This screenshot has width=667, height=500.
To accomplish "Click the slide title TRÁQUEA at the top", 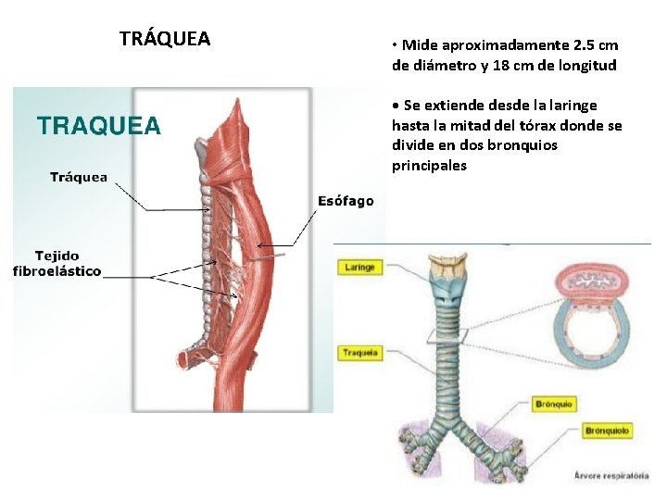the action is coord(165,39).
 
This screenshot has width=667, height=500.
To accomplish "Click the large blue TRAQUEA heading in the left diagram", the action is coord(98,126).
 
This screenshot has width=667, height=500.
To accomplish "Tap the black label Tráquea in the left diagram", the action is coord(79,177).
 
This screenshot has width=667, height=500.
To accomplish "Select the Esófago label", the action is coord(346,201).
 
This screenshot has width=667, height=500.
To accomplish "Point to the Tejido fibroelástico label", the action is coord(57,263).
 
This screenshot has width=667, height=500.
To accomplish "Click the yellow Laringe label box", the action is coord(359,268).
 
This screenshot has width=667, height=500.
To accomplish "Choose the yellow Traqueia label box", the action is coord(359,353).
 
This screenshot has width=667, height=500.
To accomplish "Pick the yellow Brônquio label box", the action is coord(554,405).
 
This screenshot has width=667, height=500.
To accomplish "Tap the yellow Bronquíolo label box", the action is coord(607,431).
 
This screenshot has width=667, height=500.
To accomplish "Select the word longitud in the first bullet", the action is coord(585,66).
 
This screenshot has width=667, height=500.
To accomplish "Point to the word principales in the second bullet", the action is coord(429,167).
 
